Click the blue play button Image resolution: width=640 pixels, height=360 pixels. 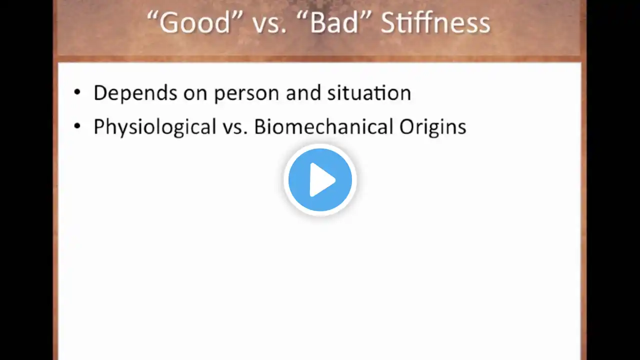pos(320,179)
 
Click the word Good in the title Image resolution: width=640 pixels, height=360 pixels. pos(195,22)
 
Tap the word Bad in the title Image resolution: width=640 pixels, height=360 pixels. pos(334,22)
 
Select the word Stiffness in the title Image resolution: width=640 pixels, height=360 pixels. pos(435,22)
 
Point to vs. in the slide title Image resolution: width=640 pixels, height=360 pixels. pos(269,25)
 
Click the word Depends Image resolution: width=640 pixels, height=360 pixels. pos(135,93)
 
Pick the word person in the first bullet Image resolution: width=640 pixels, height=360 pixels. pos(246,95)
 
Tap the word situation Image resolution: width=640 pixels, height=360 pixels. pos(369,92)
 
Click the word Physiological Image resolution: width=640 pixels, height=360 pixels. pos(155,126)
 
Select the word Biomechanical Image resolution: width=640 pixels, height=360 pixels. pos(323,126)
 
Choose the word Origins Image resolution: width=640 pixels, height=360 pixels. pos(432,127)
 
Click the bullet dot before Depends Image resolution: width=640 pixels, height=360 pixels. pos(77,92)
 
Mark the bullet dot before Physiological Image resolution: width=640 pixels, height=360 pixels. pos(77,126)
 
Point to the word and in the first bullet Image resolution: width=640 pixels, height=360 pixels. pos(303,92)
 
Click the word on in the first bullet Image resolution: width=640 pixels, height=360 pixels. pos(195,95)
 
